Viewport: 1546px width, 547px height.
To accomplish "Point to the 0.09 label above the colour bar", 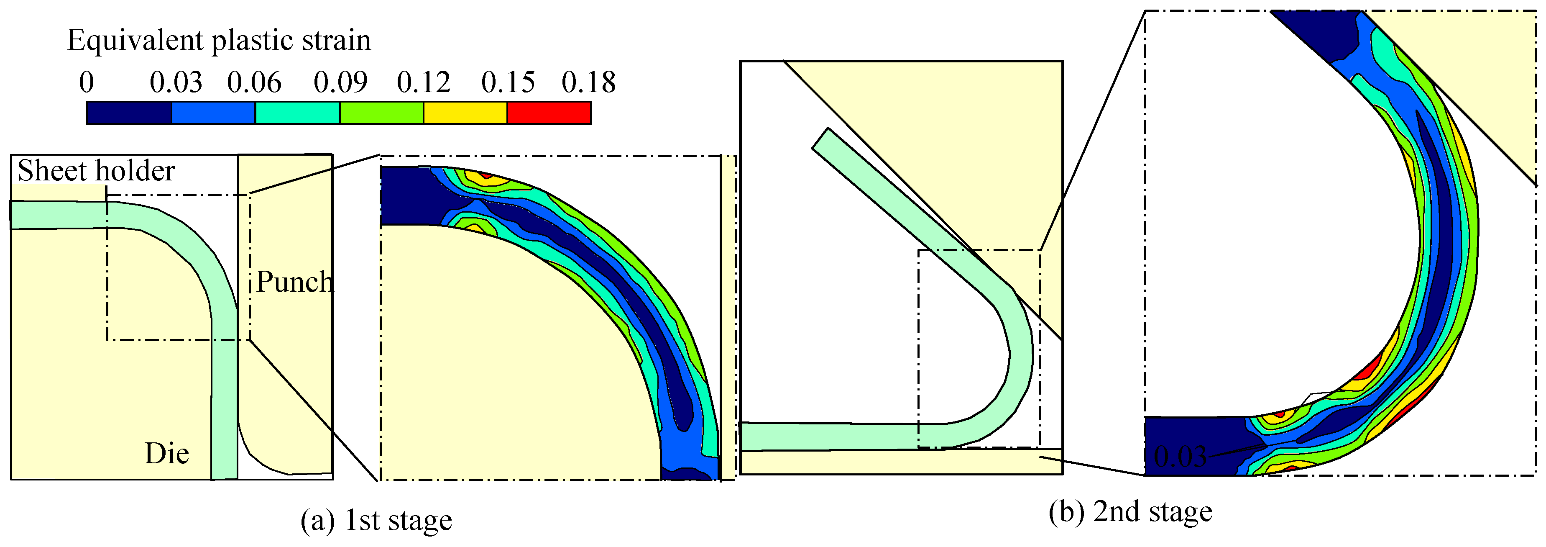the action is (340, 82).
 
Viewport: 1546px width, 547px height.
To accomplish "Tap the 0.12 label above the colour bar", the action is (424, 82).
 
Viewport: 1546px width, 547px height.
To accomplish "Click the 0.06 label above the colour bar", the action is (255, 82).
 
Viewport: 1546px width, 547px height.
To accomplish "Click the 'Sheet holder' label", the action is (96, 170).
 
